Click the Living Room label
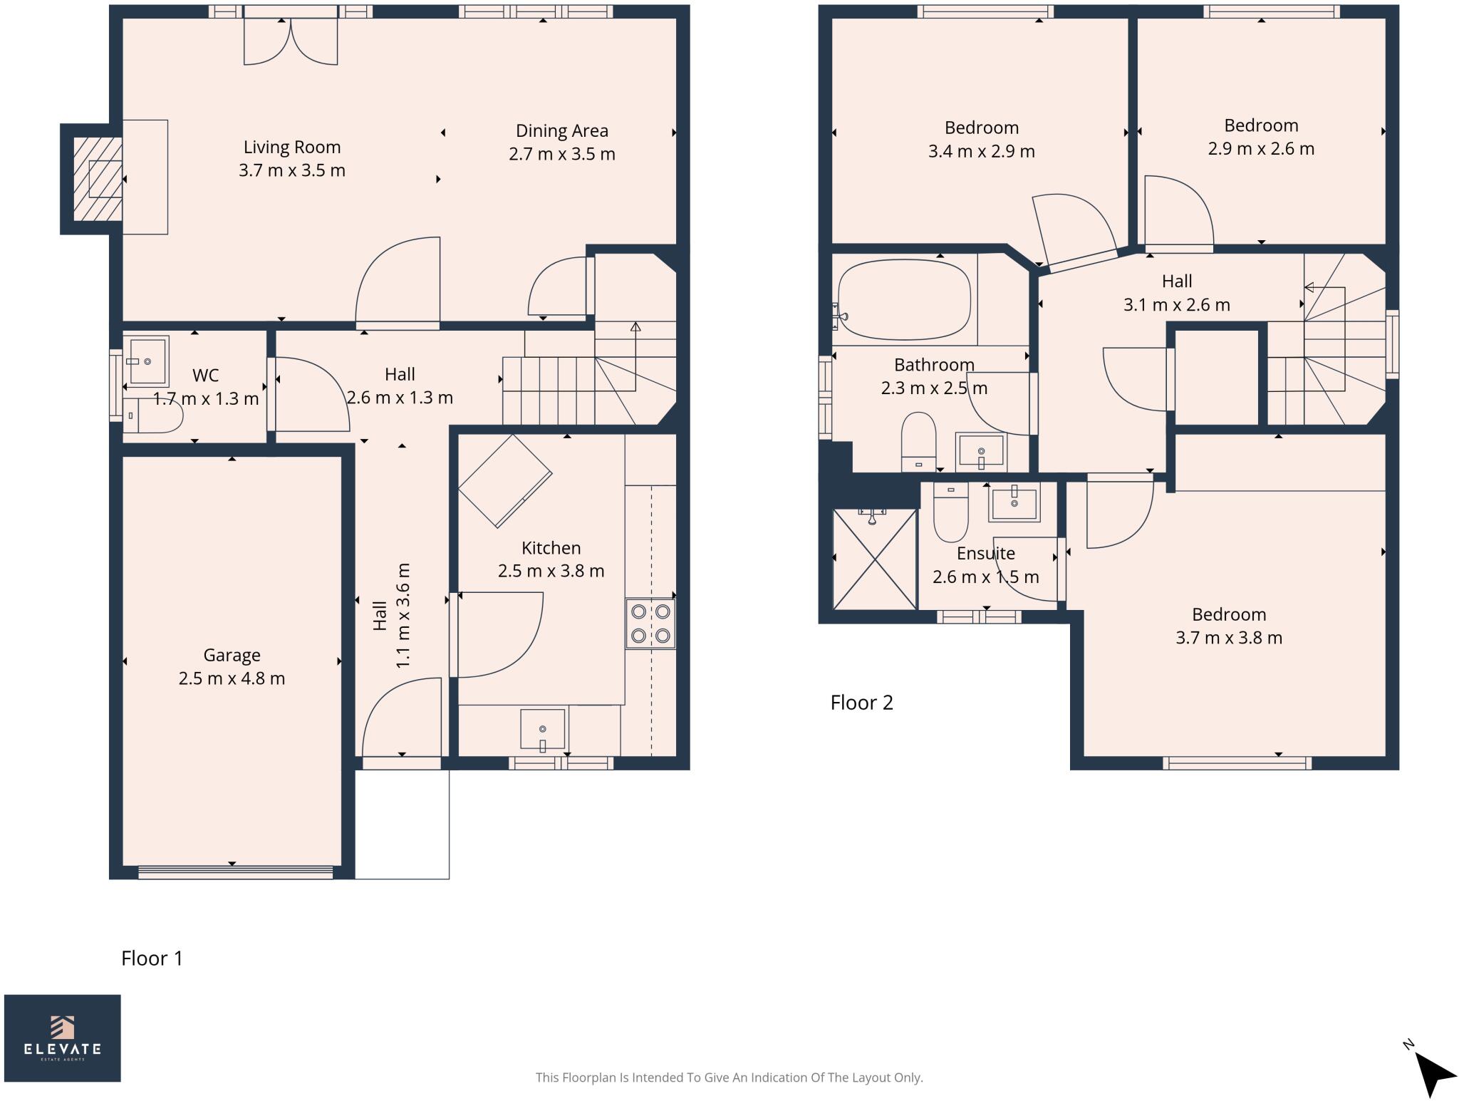click(292, 147)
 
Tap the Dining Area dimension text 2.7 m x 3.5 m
click(561, 154)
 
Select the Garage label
click(232, 654)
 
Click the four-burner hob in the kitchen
click(650, 624)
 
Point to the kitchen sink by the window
click(542, 729)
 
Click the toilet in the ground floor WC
click(152, 415)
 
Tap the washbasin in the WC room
click(147, 361)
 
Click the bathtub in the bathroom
click(905, 299)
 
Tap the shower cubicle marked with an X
click(874, 559)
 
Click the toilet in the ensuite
click(950, 515)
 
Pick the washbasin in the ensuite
click(1014, 502)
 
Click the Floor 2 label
click(861, 703)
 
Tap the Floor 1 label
click(152, 958)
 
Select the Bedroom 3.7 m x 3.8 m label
click(1228, 626)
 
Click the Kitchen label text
click(551, 548)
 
